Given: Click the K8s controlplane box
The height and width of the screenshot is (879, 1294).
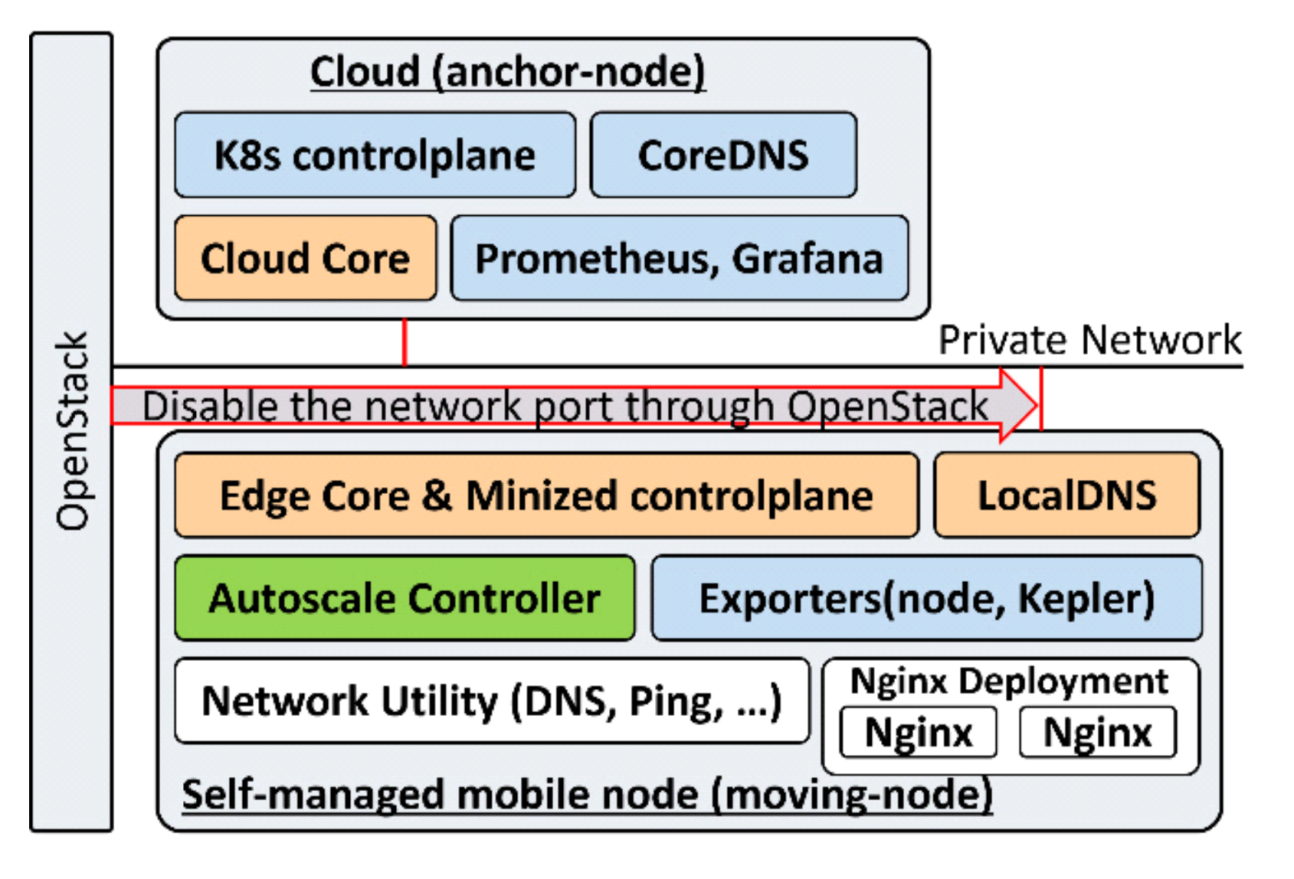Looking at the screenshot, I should click(x=375, y=155).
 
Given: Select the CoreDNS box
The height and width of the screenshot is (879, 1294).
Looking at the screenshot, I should click(x=723, y=155).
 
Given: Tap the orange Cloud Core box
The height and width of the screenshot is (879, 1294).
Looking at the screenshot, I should click(x=305, y=258).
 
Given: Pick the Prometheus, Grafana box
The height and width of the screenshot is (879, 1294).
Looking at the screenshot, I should click(x=679, y=258).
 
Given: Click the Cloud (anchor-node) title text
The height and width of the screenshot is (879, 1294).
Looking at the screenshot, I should click(x=507, y=72).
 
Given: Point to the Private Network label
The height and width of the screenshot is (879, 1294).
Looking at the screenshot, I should click(x=1089, y=339).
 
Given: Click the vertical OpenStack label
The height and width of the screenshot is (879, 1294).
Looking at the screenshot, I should click(x=72, y=431).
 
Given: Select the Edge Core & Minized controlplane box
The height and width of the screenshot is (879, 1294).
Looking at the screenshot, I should click(x=545, y=495).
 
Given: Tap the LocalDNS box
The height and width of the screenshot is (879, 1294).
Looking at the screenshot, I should click(x=1066, y=495).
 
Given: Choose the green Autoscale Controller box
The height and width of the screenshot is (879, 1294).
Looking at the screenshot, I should click(x=405, y=598).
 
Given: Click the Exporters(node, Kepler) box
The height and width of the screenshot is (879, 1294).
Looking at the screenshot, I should click(x=926, y=598).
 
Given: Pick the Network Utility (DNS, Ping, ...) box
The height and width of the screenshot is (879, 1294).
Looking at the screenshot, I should click(x=491, y=701).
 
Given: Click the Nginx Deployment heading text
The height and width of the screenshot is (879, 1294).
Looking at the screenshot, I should click(x=1009, y=681).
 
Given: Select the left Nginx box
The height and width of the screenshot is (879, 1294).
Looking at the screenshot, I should click(x=919, y=733).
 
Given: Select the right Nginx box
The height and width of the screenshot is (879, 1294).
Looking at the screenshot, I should click(x=1097, y=733).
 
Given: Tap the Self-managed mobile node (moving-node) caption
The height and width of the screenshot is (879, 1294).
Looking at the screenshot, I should click(x=587, y=794).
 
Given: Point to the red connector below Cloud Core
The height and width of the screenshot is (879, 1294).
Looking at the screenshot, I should click(x=405, y=342).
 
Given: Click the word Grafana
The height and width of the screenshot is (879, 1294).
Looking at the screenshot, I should click(x=808, y=258).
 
